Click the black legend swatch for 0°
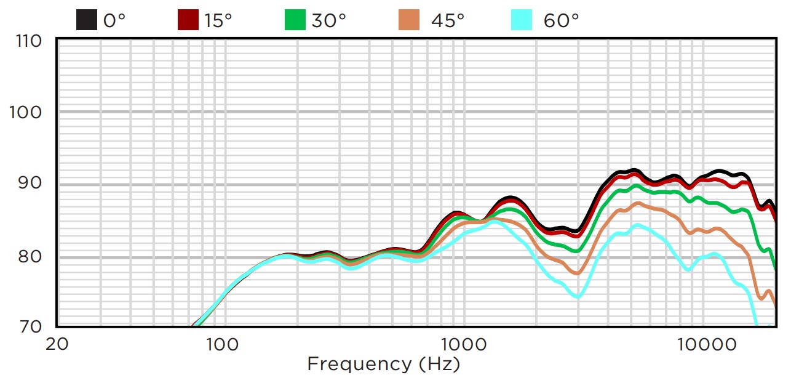point(87,20)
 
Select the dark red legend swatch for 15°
point(188,20)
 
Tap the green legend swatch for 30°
point(295,20)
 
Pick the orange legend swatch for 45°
point(409,20)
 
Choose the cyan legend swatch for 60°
point(522,20)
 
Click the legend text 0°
point(114,20)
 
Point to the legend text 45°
point(447,20)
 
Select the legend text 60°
point(562,20)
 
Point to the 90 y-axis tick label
point(32,184)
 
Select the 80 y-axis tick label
point(32,256)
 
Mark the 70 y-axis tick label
point(32,326)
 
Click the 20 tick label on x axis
point(57,344)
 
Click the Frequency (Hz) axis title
point(383,364)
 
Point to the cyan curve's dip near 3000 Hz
point(578,297)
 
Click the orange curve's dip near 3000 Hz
point(577,273)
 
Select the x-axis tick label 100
point(222,344)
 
